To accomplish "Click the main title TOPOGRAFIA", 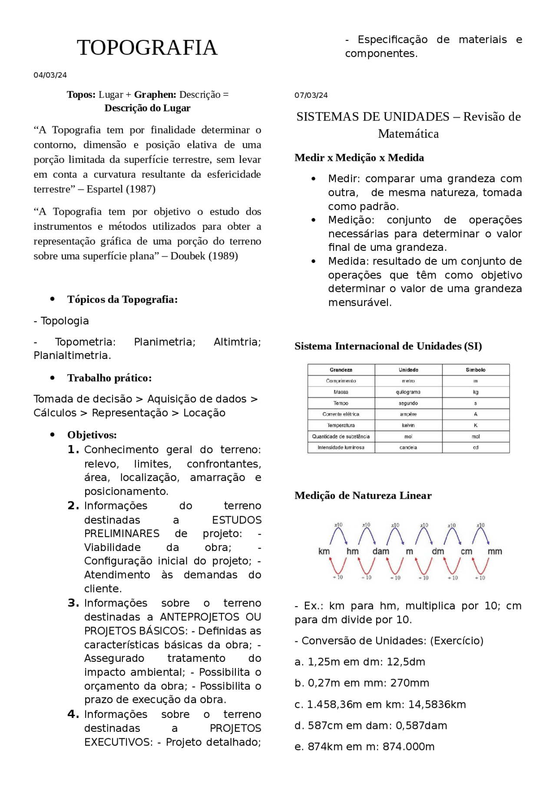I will click(x=147, y=48).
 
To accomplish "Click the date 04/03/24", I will click(x=50, y=75).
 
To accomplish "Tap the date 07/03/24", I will click(x=311, y=95).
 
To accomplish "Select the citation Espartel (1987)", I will click(x=121, y=189).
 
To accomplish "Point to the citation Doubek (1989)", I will click(x=204, y=256).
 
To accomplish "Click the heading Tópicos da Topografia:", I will click(x=122, y=299).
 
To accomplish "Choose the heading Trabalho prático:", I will click(x=109, y=378).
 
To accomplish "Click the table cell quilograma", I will click(x=408, y=392).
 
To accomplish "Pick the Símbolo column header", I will click(x=475, y=370).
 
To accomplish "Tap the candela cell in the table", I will click(x=408, y=448).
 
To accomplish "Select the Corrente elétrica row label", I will click(x=341, y=414).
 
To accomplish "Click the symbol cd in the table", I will click(x=475, y=448).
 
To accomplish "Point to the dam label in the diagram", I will click(x=381, y=551).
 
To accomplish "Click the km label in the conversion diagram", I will click(x=324, y=551).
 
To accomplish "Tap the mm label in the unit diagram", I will click(x=494, y=551).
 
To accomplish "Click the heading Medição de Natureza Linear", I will click(x=363, y=496).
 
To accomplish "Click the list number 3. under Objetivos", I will click(x=73, y=603).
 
